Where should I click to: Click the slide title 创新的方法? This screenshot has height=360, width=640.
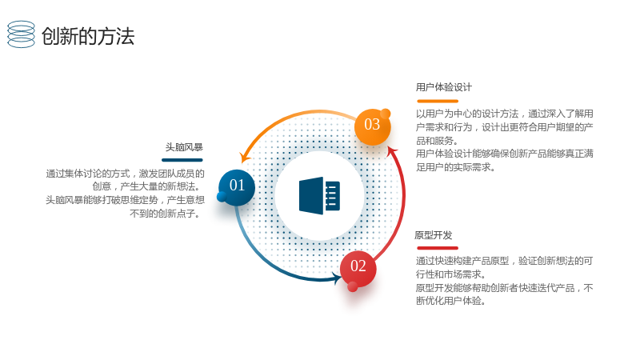click(88, 36)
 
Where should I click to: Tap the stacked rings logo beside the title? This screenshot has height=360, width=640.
click(21, 34)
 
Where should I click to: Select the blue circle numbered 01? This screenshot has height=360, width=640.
click(237, 187)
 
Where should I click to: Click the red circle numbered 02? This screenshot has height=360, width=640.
click(358, 268)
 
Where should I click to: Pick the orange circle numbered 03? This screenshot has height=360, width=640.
click(372, 126)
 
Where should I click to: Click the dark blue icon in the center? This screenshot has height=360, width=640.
click(319, 195)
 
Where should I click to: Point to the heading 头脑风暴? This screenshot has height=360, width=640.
click(184, 147)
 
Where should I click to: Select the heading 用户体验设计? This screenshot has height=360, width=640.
click(444, 87)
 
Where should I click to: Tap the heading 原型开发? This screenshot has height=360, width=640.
click(434, 235)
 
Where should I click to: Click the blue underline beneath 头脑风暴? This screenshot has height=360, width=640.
click(182, 160)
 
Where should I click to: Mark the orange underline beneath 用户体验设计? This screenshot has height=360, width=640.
click(438, 101)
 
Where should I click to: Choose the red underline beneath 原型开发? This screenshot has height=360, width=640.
click(438, 248)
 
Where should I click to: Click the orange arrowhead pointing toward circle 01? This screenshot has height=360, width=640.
click(245, 158)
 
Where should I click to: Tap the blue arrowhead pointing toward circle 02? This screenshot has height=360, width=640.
click(337, 278)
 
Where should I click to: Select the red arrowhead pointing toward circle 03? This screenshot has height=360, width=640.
click(392, 151)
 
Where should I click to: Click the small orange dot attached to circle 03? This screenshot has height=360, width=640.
click(386, 114)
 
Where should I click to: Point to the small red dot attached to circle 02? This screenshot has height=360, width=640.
click(353, 287)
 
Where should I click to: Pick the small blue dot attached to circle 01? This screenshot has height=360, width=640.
click(222, 197)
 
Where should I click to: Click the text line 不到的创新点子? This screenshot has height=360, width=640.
click(165, 214)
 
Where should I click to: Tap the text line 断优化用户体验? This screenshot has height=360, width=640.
click(451, 301)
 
